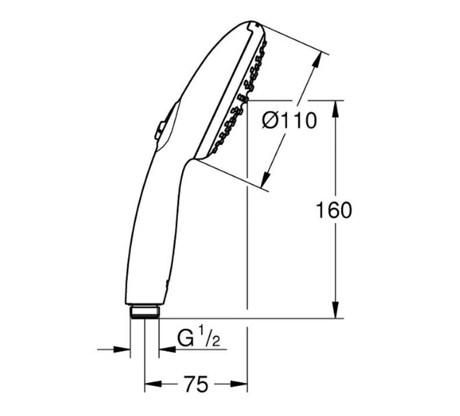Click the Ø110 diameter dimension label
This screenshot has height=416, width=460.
(289, 121)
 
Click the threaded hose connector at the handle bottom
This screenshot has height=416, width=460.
(145, 312)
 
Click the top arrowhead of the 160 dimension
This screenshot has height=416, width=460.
(336, 109)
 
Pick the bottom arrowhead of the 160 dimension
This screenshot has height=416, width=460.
(336, 310)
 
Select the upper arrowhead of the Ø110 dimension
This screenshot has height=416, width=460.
(318, 61)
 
